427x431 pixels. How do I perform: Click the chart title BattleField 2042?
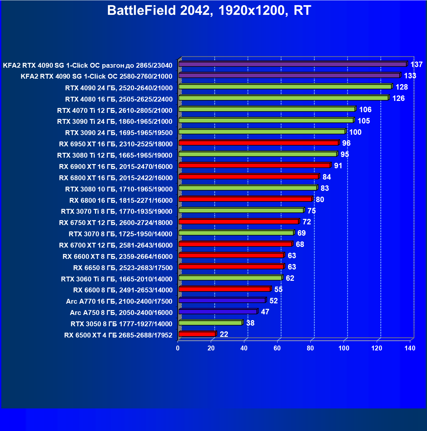[x=209, y=11]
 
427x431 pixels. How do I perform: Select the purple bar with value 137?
[x=292, y=64]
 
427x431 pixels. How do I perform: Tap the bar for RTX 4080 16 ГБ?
[x=283, y=98]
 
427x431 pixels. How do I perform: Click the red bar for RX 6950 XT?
[x=258, y=143]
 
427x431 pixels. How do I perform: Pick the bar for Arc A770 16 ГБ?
[x=222, y=300]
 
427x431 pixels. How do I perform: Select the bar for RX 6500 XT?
[x=197, y=334]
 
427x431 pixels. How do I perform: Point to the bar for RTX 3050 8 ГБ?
[x=210, y=323]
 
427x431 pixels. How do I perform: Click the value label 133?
[x=410, y=76]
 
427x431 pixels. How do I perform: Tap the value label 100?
[x=355, y=132]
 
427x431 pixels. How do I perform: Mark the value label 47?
[x=265, y=312]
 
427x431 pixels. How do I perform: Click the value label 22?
[x=224, y=334]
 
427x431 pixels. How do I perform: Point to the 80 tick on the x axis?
[x=310, y=348]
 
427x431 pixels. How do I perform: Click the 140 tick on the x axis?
[x=410, y=348]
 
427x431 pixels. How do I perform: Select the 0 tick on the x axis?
[x=178, y=348]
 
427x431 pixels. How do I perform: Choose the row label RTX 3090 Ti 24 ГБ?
[x=115, y=122]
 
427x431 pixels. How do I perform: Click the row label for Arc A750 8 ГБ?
[x=121, y=313]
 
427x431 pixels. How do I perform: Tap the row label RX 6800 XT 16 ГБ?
[x=116, y=178]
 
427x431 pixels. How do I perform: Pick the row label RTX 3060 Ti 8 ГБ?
[x=117, y=279]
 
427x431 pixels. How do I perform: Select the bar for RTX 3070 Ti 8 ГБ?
[x=241, y=211]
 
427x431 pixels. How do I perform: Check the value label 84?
[x=326, y=177]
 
